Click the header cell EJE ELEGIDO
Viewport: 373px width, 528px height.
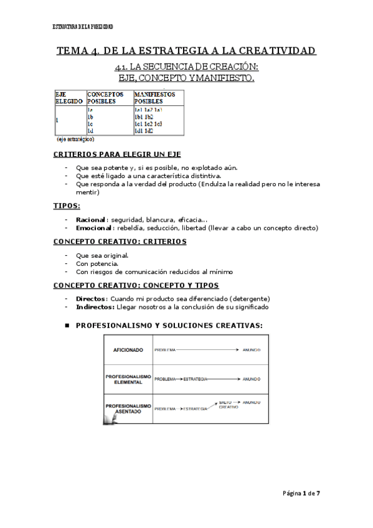(68, 98)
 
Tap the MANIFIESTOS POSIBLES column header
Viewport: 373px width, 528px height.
(154, 98)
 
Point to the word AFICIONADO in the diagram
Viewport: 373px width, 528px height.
(128, 351)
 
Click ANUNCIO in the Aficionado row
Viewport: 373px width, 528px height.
(252, 351)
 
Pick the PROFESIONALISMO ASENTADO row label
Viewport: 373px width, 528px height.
(128, 408)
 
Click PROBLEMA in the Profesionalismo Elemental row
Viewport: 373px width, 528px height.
(165, 379)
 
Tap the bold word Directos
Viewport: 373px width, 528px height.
(91, 298)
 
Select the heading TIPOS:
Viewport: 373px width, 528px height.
(66, 206)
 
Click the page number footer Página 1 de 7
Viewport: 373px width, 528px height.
(301, 493)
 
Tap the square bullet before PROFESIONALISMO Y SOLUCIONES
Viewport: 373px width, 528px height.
(67, 324)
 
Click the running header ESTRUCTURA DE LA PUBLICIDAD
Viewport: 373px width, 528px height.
(82, 27)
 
